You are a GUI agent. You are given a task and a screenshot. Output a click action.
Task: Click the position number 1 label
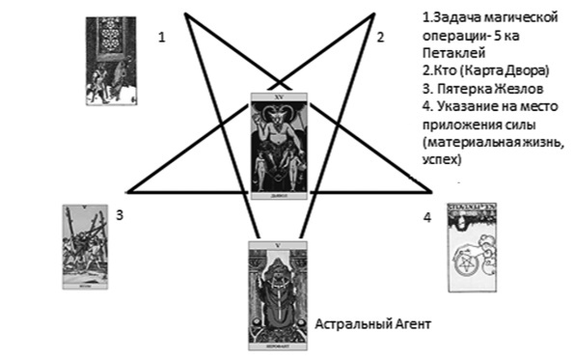(162, 38)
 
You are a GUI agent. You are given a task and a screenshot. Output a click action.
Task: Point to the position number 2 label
(381, 38)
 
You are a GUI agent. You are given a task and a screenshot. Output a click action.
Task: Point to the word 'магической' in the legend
(520, 18)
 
